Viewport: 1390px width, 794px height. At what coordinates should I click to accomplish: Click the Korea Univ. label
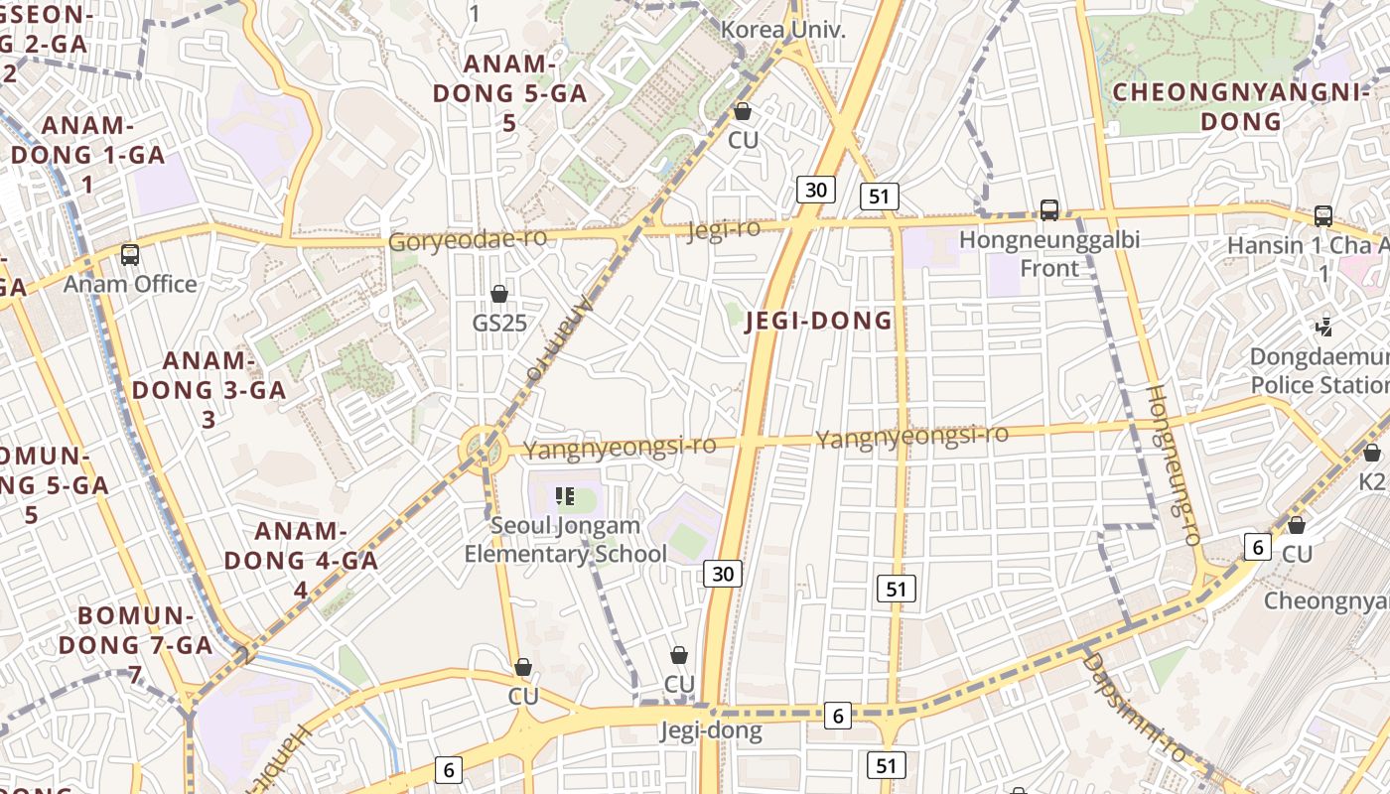pyautogui.click(x=782, y=30)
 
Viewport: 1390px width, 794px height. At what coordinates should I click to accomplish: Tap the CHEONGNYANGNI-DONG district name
pyautogui.click(x=1240, y=107)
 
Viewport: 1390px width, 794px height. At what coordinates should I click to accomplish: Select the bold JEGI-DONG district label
pyautogui.click(x=818, y=321)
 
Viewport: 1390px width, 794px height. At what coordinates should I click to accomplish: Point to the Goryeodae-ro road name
pyautogui.click(x=467, y=240)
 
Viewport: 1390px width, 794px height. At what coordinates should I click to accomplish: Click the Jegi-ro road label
pyautogui.click(x=724, y=229)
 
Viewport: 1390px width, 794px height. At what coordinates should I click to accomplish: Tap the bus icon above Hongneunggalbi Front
pyautogui.click(x=1048, y=210)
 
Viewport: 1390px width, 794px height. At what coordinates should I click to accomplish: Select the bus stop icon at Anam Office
pyautogui.click(x=129, y=255)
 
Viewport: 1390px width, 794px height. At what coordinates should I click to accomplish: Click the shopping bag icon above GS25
pyautogui.click(x=499, y=294)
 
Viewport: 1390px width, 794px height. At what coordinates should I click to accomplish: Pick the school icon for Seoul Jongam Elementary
pyautogui.click(x=566, y=495)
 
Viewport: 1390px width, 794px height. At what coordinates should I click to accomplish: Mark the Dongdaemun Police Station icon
pyautogui.click(x=1322, y=327)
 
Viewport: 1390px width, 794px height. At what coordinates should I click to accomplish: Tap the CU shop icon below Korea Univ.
pyautogui.click(x=742, y=111)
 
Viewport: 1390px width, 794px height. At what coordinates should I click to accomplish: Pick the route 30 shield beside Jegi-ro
pyautogui.click(x=816, y=190)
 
